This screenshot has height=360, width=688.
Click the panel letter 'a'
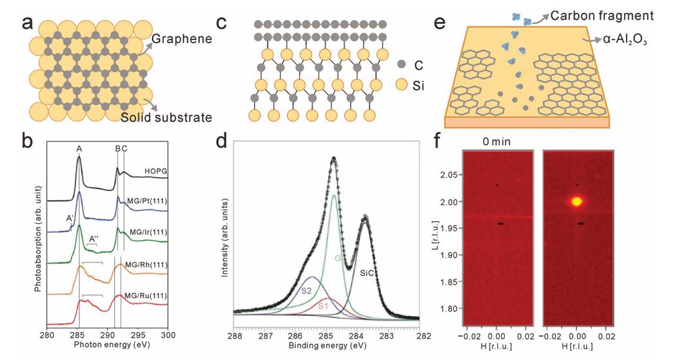coord(27,23)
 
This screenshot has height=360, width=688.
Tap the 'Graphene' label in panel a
coord(183,39)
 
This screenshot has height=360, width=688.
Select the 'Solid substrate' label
coord(166,117)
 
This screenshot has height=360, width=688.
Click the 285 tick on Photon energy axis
coord(77,336)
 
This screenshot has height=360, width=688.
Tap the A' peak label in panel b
coord(70,219)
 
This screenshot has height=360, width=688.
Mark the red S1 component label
coord(322,306)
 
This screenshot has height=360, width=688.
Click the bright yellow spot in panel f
coord(576,201)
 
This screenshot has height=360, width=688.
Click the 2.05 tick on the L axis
coord(455,175)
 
